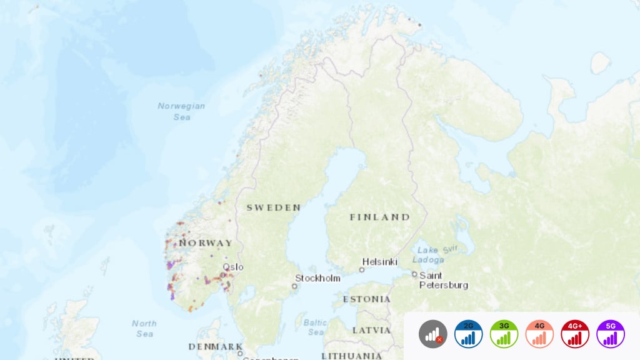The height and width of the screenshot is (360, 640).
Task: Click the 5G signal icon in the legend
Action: coord(611,334)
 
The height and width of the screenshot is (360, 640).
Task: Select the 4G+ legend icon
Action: coord(575,334)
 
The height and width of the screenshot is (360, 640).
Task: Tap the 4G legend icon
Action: coord(540,334)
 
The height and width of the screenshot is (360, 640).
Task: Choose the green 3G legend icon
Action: coord(504,334)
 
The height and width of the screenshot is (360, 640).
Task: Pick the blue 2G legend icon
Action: coord(469,334)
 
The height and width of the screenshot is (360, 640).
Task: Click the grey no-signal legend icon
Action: coord(433,334)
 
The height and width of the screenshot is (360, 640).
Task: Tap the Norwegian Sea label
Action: coord(181,111)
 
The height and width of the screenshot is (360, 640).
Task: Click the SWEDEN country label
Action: coord(273,207)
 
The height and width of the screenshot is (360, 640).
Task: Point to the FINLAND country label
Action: coord(379,217)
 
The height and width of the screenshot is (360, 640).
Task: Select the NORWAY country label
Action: coord(206,242)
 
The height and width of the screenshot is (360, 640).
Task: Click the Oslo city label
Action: coord(233,267)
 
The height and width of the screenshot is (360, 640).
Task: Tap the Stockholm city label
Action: coord(318,278)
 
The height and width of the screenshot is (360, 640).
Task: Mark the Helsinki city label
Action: coord(379,262)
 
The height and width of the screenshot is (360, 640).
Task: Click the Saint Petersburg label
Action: coord(443,280)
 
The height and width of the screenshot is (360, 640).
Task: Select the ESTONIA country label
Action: coord(366,299)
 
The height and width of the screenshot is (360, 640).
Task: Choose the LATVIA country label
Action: coord(371,330)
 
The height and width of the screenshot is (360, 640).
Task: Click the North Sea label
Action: coord(144,328)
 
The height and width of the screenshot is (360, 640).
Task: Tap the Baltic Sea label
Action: coord(314,328)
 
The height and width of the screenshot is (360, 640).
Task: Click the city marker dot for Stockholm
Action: coord(294,286)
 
